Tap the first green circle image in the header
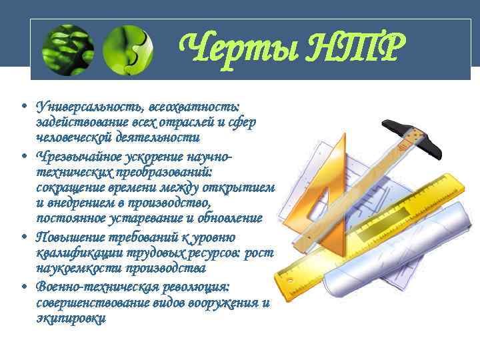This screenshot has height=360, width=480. (67, 49)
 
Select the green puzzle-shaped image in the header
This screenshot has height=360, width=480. (127, 49)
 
